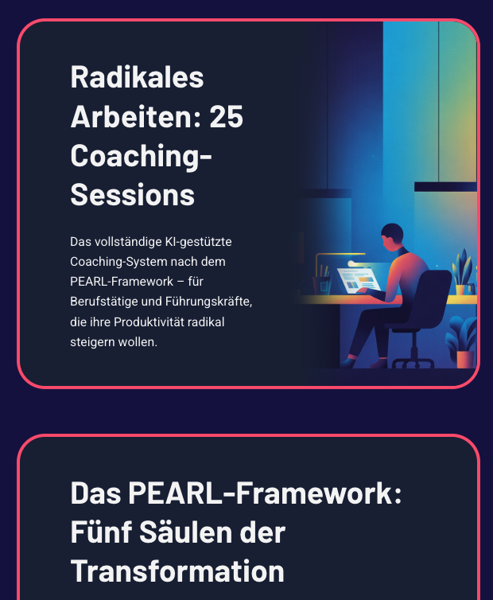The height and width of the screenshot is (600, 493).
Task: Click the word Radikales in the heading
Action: coord(137,78)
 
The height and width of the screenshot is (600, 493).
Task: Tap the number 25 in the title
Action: coord(226,117)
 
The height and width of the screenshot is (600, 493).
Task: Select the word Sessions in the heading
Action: coord(132,194)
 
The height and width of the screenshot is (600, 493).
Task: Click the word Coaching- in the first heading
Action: coord(141,155)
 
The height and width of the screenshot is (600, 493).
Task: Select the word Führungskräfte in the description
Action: coord(213,302)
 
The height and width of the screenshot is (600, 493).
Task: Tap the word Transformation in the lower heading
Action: coord(177,571)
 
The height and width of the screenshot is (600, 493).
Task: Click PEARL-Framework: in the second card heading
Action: coord(266,493)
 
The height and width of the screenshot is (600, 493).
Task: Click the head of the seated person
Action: coord(391,236)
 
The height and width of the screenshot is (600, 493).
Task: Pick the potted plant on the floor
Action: coord(462,342)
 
